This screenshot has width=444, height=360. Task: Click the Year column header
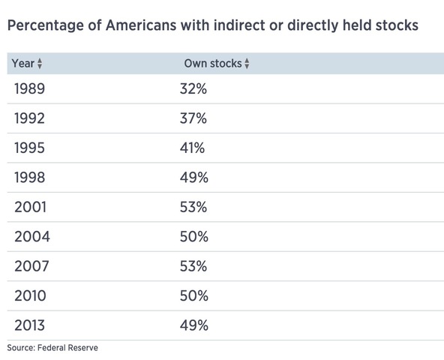coord(22,64)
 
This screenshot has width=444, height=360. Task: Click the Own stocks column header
coord(212,64)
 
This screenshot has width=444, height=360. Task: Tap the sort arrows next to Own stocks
coord(247,64)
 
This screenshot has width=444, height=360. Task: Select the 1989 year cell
coord(30,89)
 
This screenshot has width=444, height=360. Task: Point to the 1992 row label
coord(30,118)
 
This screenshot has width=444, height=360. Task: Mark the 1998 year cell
coord(30,178)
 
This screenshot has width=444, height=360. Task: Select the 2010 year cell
coord(30,296)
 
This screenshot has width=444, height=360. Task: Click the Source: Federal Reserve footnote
coord(52,348)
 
